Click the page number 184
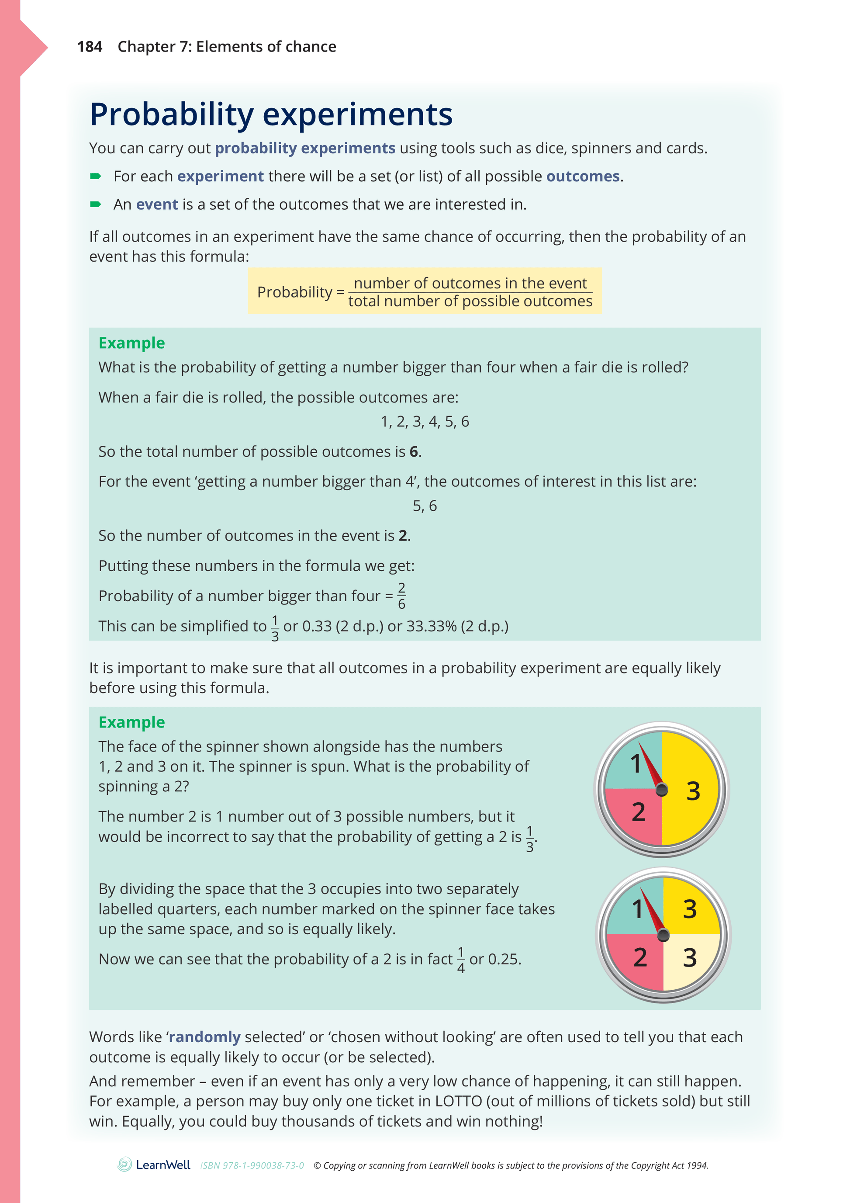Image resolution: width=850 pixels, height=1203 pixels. pos(89,47)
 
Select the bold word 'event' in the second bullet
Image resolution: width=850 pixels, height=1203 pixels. pos(157,205)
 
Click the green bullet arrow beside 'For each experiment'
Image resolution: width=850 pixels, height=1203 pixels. pos(95,176)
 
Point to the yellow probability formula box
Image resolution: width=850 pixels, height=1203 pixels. pos(424,291)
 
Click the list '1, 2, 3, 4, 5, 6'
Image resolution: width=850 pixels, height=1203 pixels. pos(424,422)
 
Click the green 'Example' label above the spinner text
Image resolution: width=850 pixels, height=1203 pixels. pos(131,722)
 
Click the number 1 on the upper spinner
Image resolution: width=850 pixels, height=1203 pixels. pos(635,763)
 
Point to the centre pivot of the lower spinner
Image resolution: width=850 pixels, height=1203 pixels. pos(663,935)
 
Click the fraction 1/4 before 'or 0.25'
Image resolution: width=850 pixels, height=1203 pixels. pos(460,960)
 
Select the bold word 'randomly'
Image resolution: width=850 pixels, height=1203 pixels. pos(204,1037)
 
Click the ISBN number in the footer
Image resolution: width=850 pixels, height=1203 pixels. pos(252,1165)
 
